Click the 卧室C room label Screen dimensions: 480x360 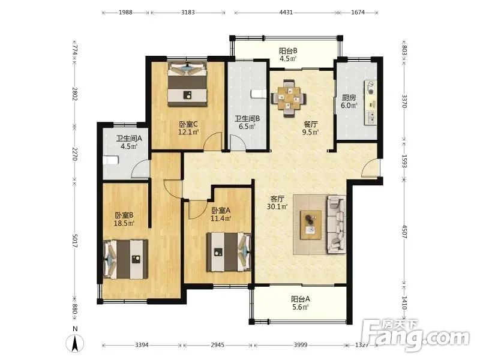188,124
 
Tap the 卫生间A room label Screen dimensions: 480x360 129,139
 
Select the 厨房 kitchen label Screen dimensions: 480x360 349,98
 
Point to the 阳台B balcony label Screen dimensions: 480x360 288,51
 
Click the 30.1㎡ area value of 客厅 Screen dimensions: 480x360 277,206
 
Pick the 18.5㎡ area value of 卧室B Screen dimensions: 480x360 124,223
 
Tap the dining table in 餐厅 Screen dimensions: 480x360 288,98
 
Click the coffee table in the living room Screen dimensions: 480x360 311,225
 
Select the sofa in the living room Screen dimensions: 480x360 337,225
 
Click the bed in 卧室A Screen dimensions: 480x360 229,252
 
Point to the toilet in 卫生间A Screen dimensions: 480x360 110,160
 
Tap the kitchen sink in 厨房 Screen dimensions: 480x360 371,117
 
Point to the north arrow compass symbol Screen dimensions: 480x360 75,343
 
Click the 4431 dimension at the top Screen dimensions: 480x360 286,13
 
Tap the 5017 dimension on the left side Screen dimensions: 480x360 74,241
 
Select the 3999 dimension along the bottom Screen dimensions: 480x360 301,345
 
